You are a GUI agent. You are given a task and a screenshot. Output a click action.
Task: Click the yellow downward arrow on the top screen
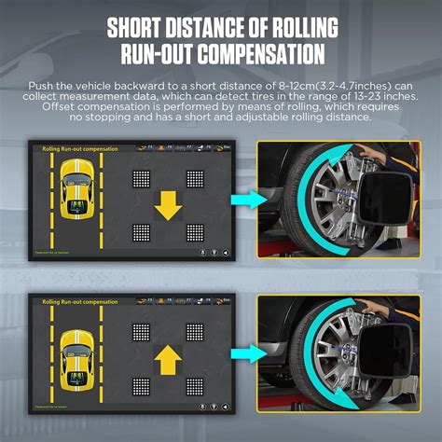[168, 204]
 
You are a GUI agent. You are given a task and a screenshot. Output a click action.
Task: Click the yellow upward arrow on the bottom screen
[168, 356]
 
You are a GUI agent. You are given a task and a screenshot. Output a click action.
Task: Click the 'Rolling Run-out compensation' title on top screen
[81, 148]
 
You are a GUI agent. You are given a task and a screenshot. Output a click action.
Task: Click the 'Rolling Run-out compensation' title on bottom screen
[81, 303]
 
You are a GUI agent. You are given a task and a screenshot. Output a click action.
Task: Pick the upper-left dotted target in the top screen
[141, 177]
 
